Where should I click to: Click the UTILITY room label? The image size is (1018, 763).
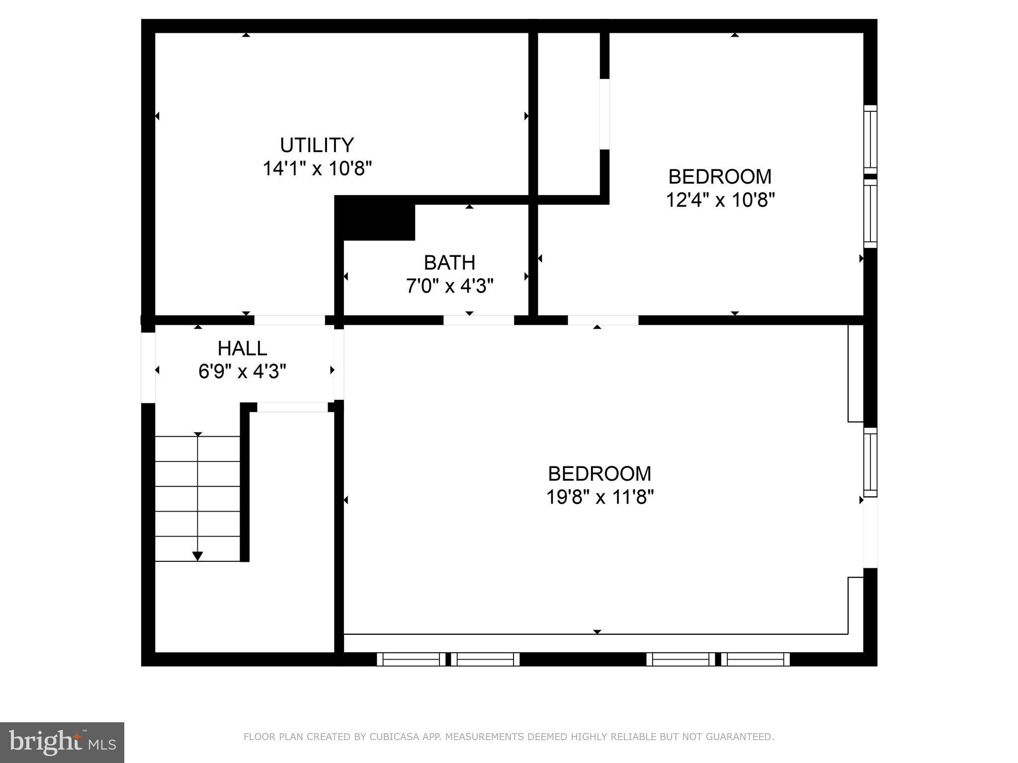coord(317,146)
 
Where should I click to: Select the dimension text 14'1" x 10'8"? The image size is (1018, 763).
coord(317,169)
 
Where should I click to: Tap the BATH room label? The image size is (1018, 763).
coord(449,263)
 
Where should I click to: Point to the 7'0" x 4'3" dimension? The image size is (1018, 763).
coord(449,286)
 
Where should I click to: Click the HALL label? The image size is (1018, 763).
coord(242,349)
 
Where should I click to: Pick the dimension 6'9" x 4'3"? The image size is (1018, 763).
coord(242,372)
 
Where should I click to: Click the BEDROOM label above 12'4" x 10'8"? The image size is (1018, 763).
coord(719,177)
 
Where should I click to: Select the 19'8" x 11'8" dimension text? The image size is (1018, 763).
coord(599,497)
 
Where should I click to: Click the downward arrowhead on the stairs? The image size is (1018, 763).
coord(198,556)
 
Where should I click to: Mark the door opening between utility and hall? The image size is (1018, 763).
coord(289,320)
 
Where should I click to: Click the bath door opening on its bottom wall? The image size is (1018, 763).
coord(478,320)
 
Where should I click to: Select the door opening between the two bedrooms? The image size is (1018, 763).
coord(602,320)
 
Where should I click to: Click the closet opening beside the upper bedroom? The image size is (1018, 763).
coord(604,114)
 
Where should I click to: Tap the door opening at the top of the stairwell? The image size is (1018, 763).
coord(292,407)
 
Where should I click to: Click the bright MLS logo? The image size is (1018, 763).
coord(62,743)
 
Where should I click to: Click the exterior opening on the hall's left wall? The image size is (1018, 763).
coord(148,368)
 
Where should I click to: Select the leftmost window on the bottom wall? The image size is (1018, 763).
coord(411,659)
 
